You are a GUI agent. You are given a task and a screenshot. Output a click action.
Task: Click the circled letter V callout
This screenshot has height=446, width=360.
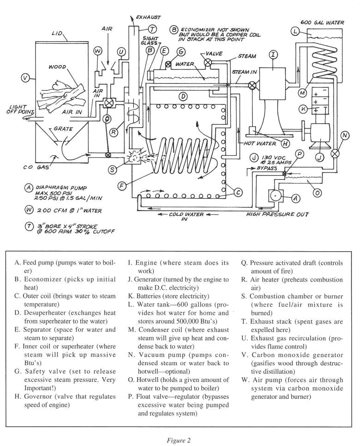[x=25, y=78]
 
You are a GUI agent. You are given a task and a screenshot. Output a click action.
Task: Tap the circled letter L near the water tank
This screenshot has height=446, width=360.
[x=295, y=31]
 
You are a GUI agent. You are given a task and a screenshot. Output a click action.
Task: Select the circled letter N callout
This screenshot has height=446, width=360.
[x=345, y=135]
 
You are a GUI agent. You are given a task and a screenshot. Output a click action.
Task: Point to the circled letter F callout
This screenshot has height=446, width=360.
[x=122, y=186]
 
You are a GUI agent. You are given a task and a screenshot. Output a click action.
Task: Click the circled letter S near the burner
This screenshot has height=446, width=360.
[x=112, y=170]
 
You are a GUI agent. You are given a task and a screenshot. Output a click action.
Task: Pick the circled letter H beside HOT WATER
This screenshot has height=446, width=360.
[x=285, y=143]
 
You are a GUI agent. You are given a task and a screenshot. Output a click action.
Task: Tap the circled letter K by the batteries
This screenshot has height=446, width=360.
[x=303, y=109]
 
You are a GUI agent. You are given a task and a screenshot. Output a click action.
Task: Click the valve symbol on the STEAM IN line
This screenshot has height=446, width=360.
[x=252, y=85]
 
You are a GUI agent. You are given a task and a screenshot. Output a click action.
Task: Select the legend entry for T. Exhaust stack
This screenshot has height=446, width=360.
[x=297, y=325]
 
